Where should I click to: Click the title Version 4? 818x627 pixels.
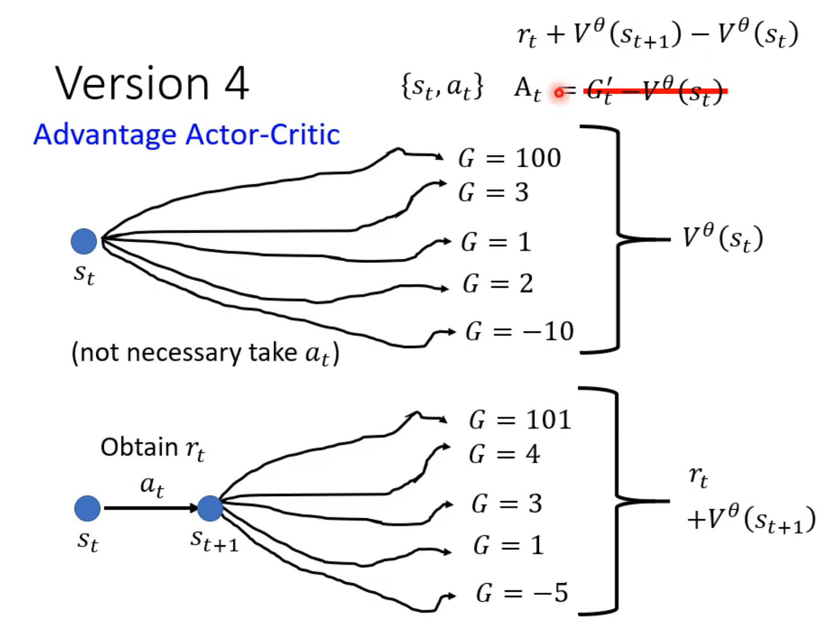[x=151, y=84]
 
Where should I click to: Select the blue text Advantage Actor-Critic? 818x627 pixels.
[x=186, y=135]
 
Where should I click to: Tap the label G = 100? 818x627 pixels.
[x=509, y=158]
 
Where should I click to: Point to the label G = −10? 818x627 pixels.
[x=519, y=331]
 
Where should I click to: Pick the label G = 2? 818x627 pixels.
[x=498, y=284]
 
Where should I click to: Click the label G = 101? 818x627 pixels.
[x=520, y=420]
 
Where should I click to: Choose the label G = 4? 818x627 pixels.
[x=504, y=454]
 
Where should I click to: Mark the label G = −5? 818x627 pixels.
[x=522, y=593]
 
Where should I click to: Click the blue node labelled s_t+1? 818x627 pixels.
[x=210, y=508]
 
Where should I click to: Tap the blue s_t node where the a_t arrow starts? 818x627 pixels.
[x=87, y=508]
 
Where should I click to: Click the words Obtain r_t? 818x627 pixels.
[x=152, y=448]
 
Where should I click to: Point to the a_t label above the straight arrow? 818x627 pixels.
[x=152, y=486]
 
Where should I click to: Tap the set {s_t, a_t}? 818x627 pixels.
[x=442, y=87]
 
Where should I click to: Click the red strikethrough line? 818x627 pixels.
[x=655, y=91]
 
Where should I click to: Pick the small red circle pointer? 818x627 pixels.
[x=559, y=93]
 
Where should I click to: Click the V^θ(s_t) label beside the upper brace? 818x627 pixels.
[x=722, y=238]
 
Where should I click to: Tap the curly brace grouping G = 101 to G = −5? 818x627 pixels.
[x=617, y=501]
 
